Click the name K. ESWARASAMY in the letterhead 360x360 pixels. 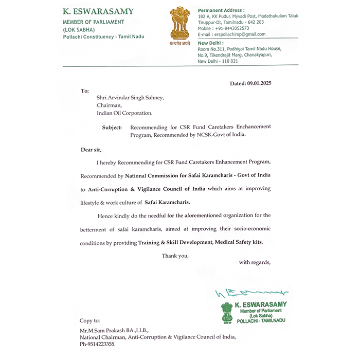[x=97, y=11]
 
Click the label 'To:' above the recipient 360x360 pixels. [x=85, y=91]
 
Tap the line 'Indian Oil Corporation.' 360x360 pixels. [x=124, y=113]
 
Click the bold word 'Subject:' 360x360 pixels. [x=112, y=127]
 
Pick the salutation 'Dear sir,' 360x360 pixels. [x=92, y=150]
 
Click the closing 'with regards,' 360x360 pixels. [x=255, y=262]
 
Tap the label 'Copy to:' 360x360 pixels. [x=90, y=320]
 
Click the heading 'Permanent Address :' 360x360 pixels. [x=221, y=10]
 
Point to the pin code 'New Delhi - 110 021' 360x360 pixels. [x=218, y=61]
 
